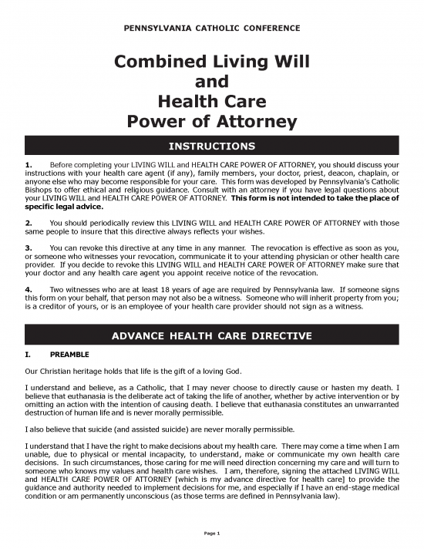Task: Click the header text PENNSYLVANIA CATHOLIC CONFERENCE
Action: point(212,29)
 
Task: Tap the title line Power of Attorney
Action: point(212,122)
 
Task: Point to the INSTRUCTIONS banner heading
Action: point(212,145)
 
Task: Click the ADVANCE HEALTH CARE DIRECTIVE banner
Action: point(212,336)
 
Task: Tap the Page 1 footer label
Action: point(212,534)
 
